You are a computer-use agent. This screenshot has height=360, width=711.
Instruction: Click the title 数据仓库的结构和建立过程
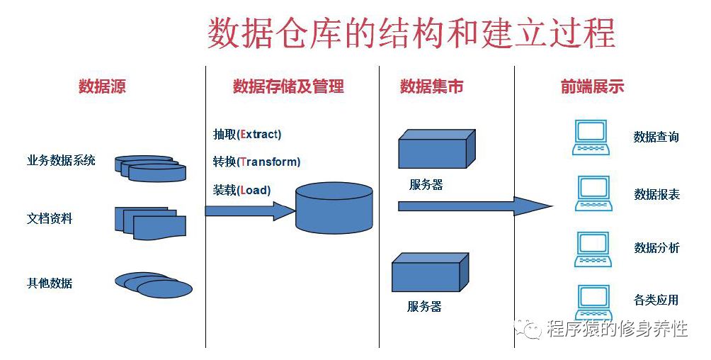tap(410, 33)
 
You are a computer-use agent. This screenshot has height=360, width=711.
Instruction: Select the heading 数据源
tap(102, 87)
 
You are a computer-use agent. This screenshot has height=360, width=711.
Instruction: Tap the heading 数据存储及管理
tap(288, 87)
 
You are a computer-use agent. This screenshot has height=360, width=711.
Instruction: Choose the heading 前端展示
tap(592, 87)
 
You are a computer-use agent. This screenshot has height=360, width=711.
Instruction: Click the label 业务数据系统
tap(61, 160)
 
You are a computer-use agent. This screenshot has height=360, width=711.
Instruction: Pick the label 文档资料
tap(50, 218)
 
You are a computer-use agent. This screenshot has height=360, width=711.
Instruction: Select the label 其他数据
tap(50, 283)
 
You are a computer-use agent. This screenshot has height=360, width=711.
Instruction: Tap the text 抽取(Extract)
tap(247, 134)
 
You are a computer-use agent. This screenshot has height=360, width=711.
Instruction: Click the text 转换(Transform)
tap(256, 162)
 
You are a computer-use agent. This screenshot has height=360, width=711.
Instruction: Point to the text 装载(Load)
tap(241, 190)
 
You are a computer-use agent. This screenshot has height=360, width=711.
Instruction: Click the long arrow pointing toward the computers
tap(474, 206)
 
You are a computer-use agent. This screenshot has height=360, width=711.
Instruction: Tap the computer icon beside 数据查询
tap(592, 137)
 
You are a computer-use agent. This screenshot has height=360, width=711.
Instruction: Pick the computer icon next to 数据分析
tap(592, 249)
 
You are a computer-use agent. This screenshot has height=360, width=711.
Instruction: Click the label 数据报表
tap(656, 194)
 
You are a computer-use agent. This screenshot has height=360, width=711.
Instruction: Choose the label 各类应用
tap(656, 300)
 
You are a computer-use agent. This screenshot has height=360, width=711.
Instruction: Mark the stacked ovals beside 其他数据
tap(154, 284)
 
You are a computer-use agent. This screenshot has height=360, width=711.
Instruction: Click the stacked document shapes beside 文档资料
tap(151, 223)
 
